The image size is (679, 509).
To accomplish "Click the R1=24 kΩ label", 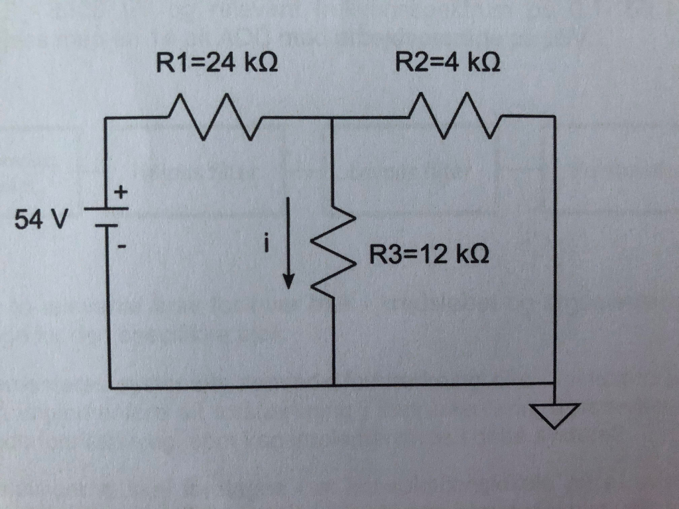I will (216, 64).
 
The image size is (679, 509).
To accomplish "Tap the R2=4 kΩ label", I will (447, 64).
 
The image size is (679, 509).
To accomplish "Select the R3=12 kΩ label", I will (430, 254).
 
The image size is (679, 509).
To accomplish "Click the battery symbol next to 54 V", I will (105, 218).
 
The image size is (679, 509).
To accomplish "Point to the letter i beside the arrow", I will (267, 245).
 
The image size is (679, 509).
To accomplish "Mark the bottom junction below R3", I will (333, 385).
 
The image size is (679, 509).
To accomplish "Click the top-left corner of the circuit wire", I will (107, 119).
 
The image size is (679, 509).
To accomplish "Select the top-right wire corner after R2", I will (554, 117).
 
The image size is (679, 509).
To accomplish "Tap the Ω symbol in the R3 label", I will (480, 254).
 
